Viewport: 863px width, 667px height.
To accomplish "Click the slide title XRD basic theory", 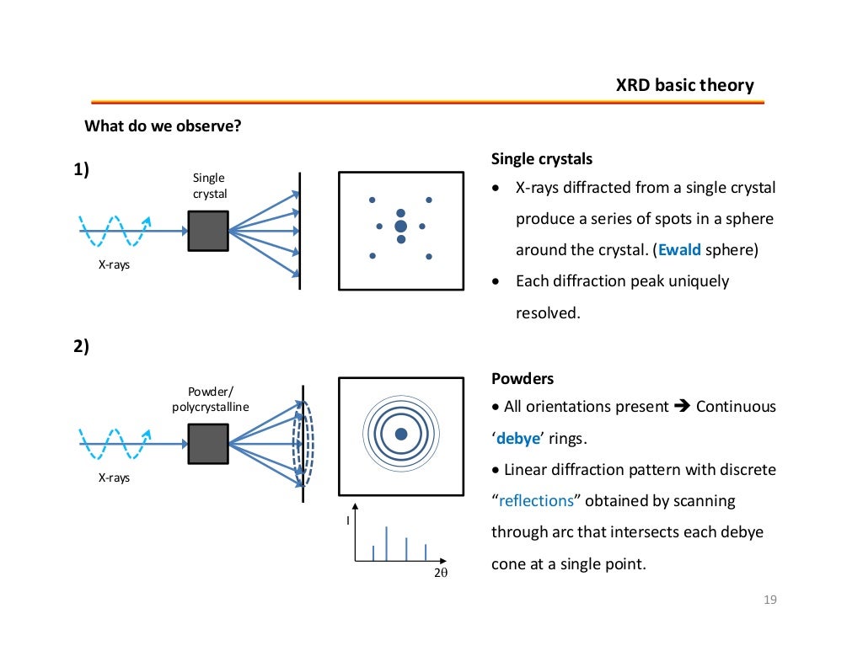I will click(x=684, y=85).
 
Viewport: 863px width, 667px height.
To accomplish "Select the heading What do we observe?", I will click(x=163, y=126).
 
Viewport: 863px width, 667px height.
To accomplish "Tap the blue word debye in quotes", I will click(x=518, y=438).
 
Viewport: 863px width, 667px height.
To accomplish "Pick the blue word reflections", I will click(x=536, y=501).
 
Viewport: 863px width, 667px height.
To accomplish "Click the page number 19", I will click(x=768, y=600).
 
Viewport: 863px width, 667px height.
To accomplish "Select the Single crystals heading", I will click(x=541, y=159).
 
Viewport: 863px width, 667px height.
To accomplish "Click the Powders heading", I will click(x=522, y=379).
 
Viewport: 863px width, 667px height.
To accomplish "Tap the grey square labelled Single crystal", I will click(x=208, y=231).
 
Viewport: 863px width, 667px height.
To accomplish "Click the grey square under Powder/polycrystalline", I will click(x=208, y=444).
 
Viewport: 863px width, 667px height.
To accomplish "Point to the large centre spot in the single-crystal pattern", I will click(x=400, y=226).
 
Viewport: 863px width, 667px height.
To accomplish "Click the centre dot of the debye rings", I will click(x=400, y=434).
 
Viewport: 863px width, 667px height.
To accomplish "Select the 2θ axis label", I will click(x=440, y=573).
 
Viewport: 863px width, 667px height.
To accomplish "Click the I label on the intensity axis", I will click(x=348, y=521).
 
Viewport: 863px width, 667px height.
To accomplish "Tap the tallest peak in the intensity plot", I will click(x=387, y=543).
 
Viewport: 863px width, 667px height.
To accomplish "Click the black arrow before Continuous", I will click(x=682, y=407).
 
